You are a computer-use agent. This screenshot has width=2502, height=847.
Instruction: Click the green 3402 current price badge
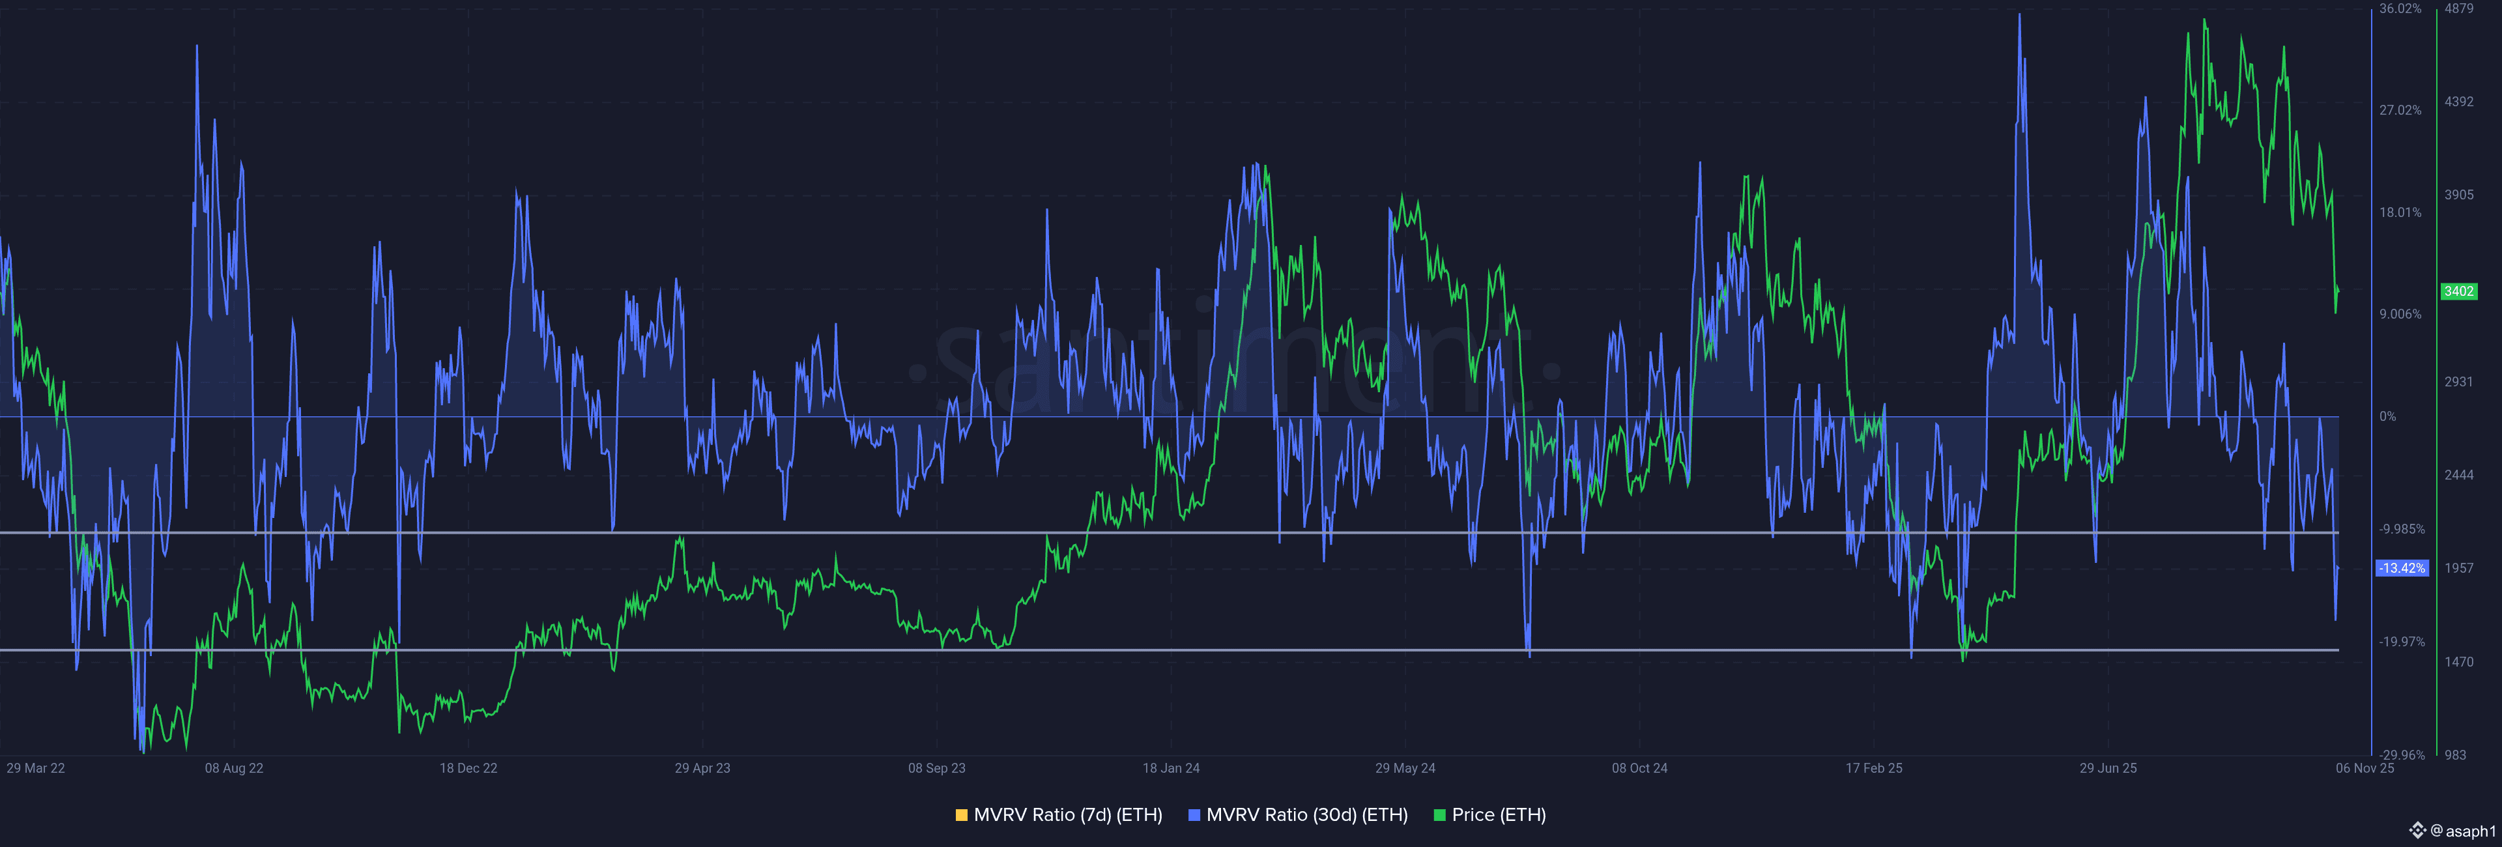tap(2458, 291)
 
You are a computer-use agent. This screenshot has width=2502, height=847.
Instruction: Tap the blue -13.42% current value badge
tap(2402, 568)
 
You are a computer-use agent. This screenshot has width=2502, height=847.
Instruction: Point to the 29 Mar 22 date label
tap(36, 768)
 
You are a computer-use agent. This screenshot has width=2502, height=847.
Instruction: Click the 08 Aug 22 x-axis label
tap(234, 768)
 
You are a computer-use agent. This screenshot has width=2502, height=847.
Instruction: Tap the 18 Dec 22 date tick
tap(468, 768)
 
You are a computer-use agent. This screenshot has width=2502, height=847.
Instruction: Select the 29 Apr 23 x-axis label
tap(702, 768)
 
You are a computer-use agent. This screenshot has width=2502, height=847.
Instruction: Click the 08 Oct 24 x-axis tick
tap(1639, 768)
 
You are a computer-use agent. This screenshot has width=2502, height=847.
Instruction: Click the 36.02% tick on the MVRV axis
tap(2400, 8)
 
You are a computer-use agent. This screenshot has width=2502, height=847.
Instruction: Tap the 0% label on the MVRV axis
tap(2387, 417)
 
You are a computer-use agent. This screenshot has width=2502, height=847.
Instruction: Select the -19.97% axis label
tap(2401, 642)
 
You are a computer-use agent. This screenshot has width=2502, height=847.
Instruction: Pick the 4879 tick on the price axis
tap(2459, 8)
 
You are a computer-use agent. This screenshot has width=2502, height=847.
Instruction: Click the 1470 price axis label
tap(2459, 661)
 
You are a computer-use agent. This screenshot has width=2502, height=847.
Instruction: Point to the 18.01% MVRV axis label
tap(2400, 212)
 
